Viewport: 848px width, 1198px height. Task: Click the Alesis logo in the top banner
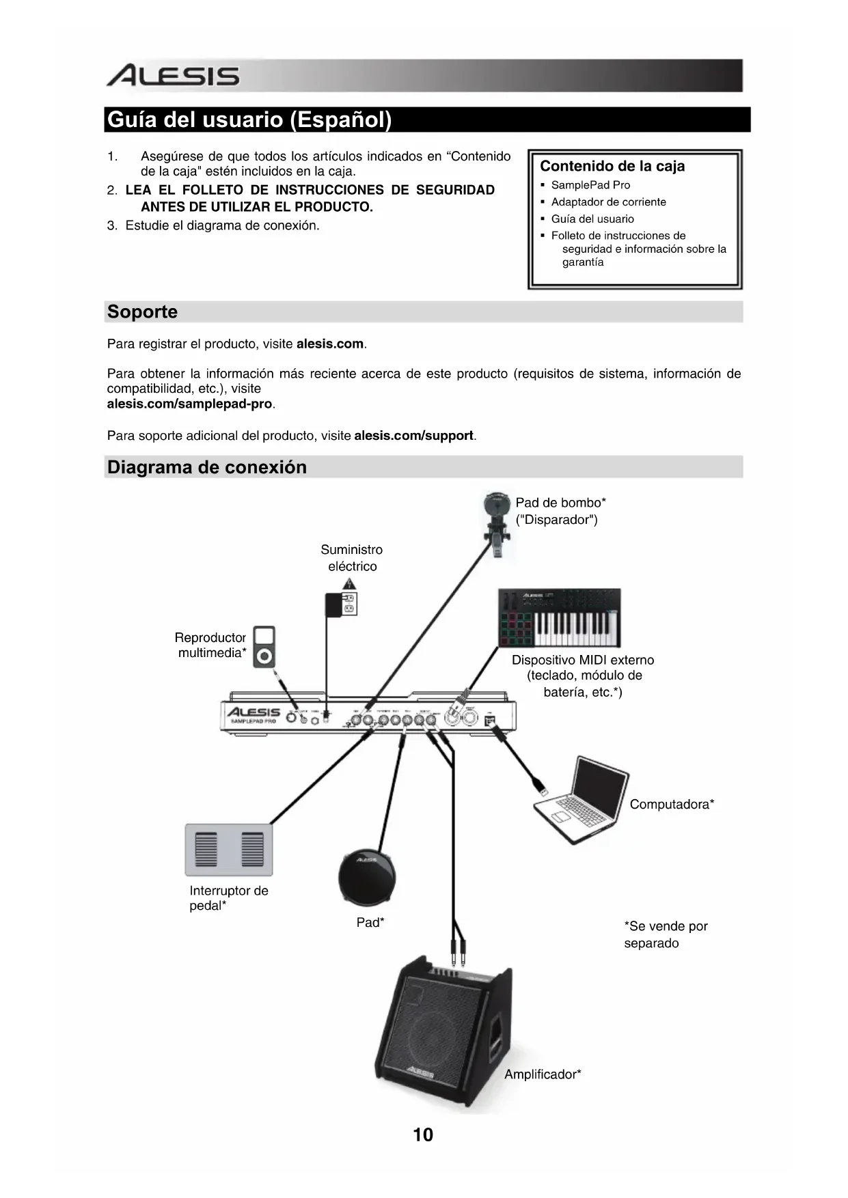173,76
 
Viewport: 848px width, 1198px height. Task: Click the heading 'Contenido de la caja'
612,166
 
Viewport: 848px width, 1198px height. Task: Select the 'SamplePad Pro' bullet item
590,185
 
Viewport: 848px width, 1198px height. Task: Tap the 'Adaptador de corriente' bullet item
608,202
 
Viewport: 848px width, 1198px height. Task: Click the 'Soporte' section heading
142,312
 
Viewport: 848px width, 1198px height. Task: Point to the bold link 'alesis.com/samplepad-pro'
189,404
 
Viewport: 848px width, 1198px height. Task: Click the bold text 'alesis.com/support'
413,436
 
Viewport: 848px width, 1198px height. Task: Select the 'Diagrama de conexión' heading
207,467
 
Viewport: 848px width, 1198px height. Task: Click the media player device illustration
264,646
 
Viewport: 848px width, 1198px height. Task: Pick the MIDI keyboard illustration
559,617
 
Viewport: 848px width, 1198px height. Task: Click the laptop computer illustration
581,800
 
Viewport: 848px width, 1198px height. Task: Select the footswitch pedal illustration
229,850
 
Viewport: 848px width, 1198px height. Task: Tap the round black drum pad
367,877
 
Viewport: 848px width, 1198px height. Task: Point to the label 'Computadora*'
672,805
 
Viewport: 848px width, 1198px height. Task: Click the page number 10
423,1134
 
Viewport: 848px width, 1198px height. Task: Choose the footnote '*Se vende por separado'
665,934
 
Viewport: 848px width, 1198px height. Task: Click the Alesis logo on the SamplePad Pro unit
253,712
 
